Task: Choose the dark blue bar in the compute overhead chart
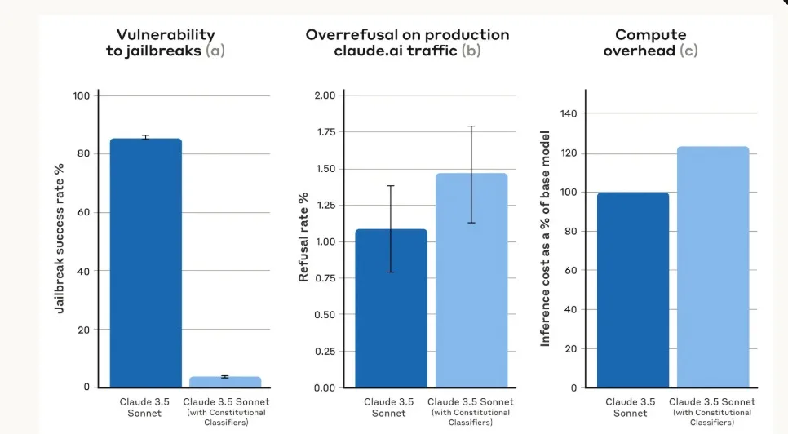click(x=632, y=290)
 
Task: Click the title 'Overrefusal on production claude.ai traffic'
click(x=407, y=42)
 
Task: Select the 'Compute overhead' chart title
click(x=650, y=42)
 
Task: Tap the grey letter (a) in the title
click(x=215, y=51)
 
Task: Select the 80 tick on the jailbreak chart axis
click(x=82, y=154)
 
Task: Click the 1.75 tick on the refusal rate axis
click(x=324, y=132)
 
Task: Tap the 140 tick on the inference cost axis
click(x=567, y=114)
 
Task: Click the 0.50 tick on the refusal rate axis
click(x=324, y=315)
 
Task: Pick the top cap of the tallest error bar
click(x=471, y=126)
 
